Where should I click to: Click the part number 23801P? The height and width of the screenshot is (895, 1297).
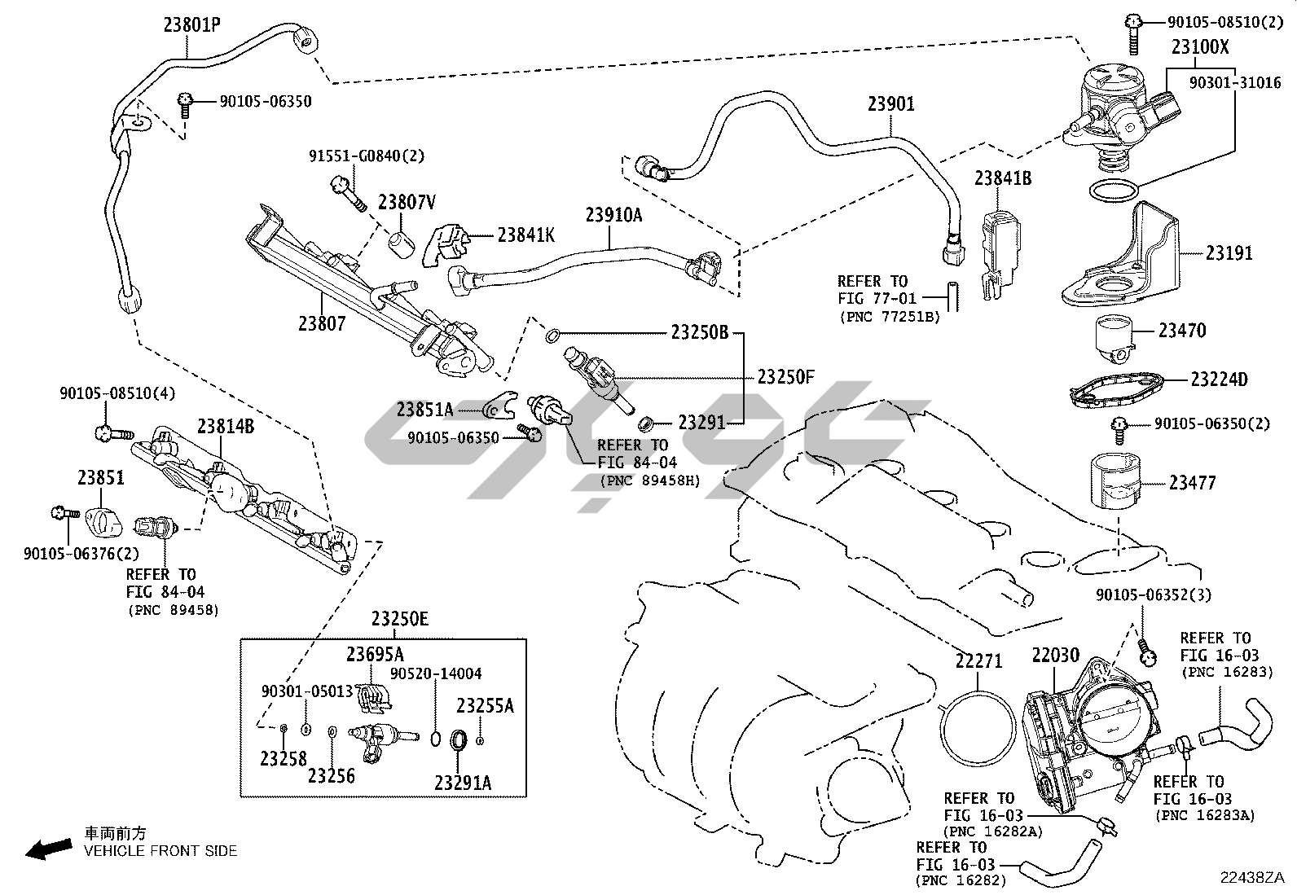[x=192, y=25]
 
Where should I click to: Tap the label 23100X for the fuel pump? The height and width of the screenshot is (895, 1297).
[x=1200, y=47]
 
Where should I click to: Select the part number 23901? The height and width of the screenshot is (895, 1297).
[x=890, y=104]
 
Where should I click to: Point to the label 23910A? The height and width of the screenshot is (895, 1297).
[x=613, y=215]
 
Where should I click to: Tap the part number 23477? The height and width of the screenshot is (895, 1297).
[x=1192, y=483]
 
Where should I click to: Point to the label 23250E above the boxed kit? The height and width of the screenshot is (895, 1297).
[x=400, y=619]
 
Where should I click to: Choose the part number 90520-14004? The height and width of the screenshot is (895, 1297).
[x=435, y=673]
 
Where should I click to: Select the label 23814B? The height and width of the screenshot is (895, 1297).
[x=225, y=426]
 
